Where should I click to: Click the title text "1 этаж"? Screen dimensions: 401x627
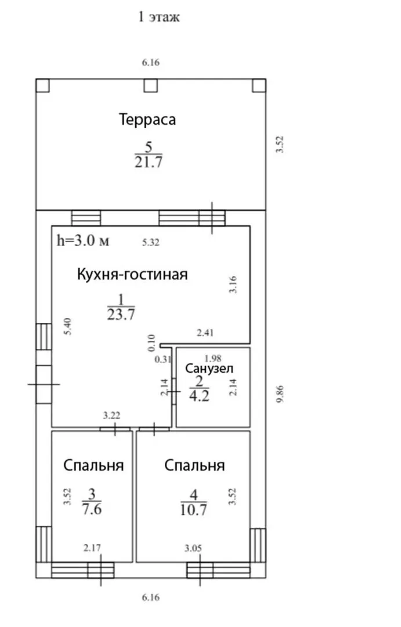point(159,17)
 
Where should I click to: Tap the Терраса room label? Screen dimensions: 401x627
point(147,120)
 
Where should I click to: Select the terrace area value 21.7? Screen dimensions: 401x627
point(149,162)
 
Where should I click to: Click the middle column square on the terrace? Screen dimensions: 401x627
point(151,85)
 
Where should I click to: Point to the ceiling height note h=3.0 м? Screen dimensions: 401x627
point(83,240)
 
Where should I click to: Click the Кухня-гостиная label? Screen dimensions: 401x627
point(132,275)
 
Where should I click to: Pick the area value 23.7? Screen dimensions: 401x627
point(121,314)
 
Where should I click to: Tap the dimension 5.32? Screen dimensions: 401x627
point(151,242)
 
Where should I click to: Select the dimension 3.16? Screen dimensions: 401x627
point(233,284)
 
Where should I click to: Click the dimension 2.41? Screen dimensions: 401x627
point(205,332)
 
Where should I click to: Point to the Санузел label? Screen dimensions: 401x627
point(209,368)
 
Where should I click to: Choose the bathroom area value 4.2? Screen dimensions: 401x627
point(199,396)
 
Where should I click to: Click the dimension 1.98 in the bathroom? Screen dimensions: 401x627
point(213,358)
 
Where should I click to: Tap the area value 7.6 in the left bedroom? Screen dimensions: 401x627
point(92,509)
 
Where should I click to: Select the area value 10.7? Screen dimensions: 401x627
point(193,510)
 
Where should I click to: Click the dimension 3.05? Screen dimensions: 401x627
point(193,548)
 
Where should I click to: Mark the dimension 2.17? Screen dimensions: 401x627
point(92,547)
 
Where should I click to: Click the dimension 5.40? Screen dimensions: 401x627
point(68,326)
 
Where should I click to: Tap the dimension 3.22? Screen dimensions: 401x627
point(111,416)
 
